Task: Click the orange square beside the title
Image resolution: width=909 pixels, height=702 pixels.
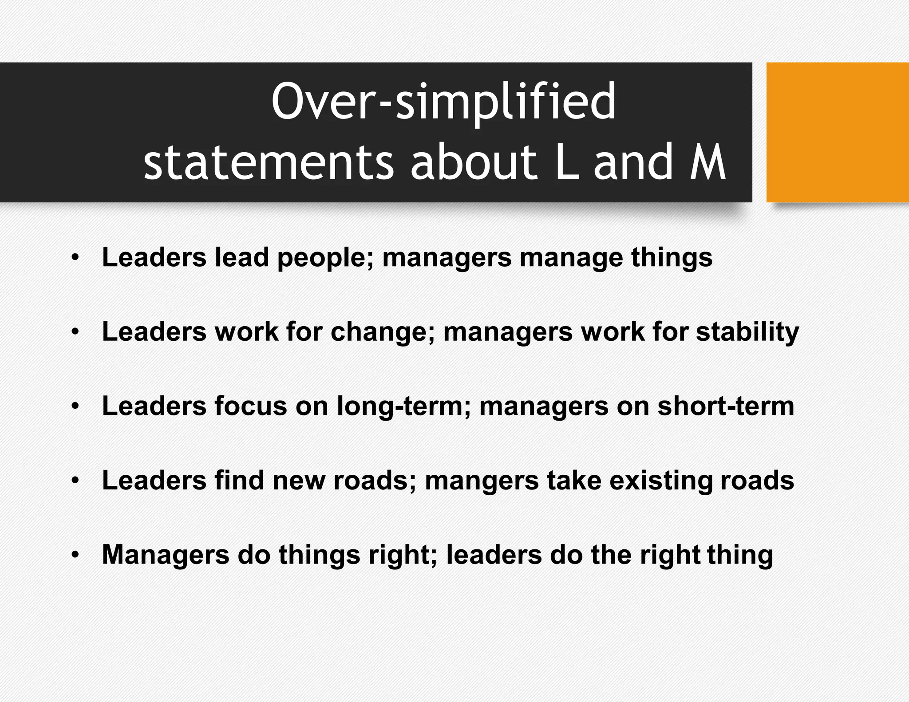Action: (x=838, y=132)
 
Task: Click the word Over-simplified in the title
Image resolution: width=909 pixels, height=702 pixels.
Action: (x=443, y=102)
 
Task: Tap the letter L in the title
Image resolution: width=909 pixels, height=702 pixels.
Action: (x=567, y=162)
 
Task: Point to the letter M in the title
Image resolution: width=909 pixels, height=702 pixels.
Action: (x=708, y=162)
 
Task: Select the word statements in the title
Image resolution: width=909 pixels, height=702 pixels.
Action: (x=269, y=162)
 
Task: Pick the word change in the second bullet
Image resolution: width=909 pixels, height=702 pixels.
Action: (x=382, y=332)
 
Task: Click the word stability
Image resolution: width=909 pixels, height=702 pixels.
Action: (x=747, y=332)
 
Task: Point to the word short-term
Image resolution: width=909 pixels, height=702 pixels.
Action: (x=726, y=406)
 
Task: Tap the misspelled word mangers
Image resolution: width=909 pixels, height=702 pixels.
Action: (x=482, y=481)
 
